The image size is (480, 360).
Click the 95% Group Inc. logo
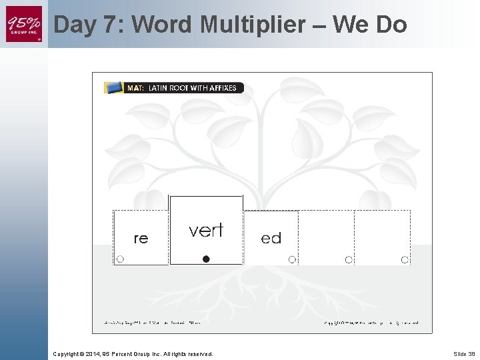point(24,24)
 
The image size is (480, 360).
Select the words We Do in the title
point(369,25)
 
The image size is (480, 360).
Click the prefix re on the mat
point(141,238)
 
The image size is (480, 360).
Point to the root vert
point(206,230)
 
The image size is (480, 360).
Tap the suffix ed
point(271,238)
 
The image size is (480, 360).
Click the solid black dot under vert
point(207,259)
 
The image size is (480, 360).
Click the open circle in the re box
point(121,259)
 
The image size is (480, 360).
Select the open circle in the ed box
point(292,259)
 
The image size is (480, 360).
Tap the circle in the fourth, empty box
point(349,259)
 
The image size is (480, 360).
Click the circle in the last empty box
point(405,259)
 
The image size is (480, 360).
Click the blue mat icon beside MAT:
point(114,87)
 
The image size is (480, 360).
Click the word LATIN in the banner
point(159,88)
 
